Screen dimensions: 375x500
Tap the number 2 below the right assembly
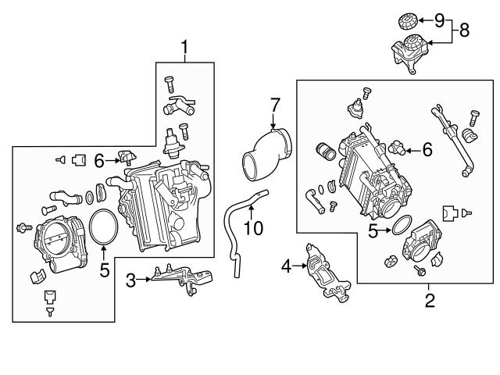(429, 298)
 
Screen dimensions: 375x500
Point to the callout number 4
(286, 266)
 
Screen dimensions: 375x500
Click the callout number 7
(274, 104)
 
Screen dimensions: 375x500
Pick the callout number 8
(464, 30)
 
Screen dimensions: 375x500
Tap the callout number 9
(438, 18)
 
